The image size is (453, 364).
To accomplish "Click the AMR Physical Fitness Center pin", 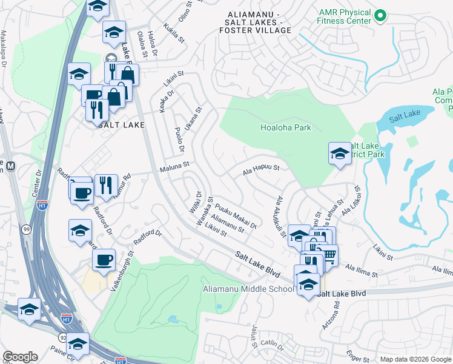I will pos(380,15).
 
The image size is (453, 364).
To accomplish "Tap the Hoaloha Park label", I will pos(285,128).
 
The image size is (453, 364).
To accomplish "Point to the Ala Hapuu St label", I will pos(260,168).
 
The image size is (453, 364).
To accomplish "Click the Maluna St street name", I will pos(174,164).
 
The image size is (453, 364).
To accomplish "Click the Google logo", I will pos(20,357).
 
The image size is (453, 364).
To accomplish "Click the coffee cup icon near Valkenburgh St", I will pos(103,259).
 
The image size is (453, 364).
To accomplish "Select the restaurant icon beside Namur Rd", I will pos(106,184).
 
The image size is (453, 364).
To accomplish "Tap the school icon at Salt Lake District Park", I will pos(340,152).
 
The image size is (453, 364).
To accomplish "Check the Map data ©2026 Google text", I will pos(415,359).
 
